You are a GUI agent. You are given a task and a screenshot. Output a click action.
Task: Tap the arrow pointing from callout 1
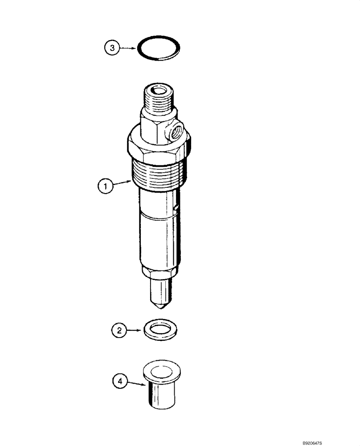[122, 183]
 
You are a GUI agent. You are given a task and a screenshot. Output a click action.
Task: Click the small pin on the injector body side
[177, 207]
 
